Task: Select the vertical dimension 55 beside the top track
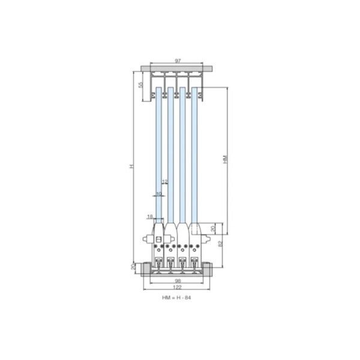click(x=140, y=85)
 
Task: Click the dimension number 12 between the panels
click(x=164, y=181)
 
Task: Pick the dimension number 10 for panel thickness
click(x=158, y=194)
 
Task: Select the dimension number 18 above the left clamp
click(x=151, y=216)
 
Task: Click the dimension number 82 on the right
click(x=221, y=245)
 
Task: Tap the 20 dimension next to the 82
click(x=212, y=229)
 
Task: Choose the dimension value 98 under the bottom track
click(x=177, y=281)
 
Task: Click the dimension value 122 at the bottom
click(x=177, y=287)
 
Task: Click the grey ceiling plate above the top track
click(x=178, y=67)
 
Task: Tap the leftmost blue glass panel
click(x=159, y=156)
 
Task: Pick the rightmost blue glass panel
click(x=195, y=156)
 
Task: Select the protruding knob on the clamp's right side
click(x=208, y=240)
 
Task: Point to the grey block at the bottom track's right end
click(x=209, y=269)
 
